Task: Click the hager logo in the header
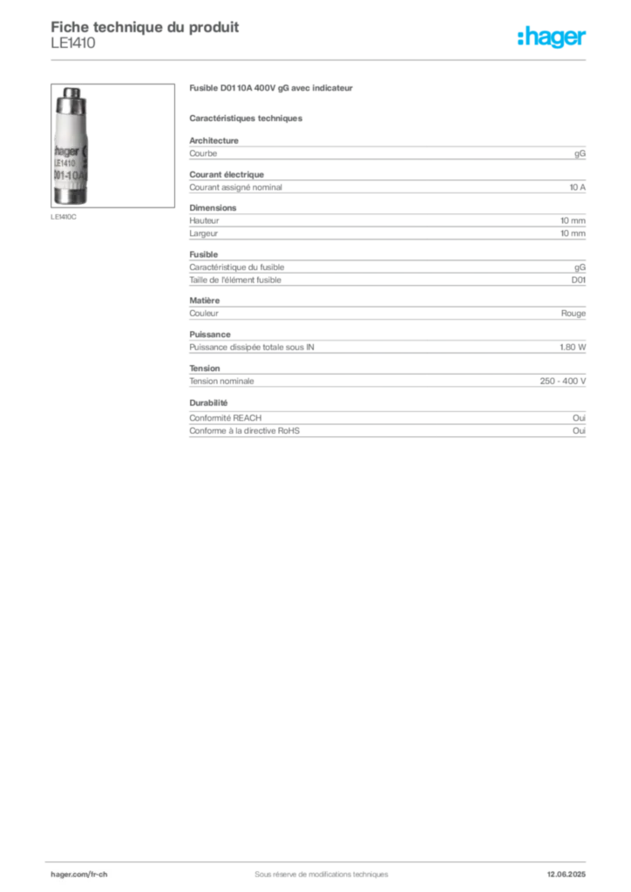point(552,37)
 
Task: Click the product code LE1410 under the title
point(73,44)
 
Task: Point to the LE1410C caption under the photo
point(63,217)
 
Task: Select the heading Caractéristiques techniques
point(246,118)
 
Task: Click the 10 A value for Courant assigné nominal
point(578,187)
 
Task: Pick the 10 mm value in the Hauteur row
point(573,220)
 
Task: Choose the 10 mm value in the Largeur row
point(573,233)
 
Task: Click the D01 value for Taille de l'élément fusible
point(579,280)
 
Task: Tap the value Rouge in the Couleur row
point(573,314)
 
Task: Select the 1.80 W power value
point(573,347)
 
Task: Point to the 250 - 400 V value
point(563,382)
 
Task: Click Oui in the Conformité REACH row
point(580,417)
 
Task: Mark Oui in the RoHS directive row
point(580,430)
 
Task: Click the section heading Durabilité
point(208,402)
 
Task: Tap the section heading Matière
point(204,301)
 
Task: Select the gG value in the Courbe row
point(580,153)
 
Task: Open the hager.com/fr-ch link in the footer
point(79,875)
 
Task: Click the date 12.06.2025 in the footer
point(567,875)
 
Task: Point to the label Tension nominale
point(221,382)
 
